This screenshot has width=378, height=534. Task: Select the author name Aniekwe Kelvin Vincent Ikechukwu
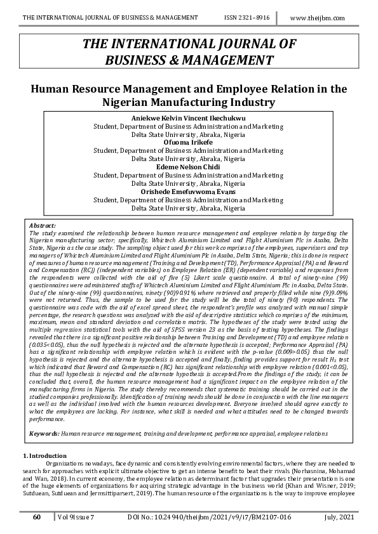click(x=188, y=119)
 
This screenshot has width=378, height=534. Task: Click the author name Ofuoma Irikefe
click(x=188, y=143)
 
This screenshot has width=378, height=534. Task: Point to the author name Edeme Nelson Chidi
click(x=188, y=167)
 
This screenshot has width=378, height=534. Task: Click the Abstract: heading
click(x=43, y=225)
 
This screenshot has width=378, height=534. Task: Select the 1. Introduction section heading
click(x=44, y=456)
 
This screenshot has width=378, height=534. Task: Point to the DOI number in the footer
click(x=211, y=518)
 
